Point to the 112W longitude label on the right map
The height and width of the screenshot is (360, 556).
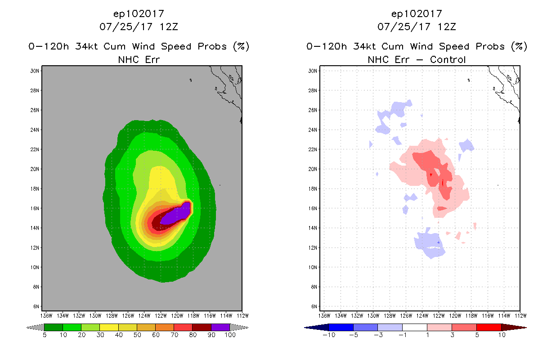[x=520, y=315]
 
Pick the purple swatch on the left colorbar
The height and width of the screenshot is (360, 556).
[x=220, y=327]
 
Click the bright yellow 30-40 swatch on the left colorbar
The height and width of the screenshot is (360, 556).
[x=109, y=327]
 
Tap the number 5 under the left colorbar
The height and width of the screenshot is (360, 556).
[x=45, y=335]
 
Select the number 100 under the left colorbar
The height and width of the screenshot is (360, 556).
[x=230, y=335]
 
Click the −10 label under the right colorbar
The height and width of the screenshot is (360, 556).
[x=328, y=335]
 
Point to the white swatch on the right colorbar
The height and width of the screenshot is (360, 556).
[x=415, y=327]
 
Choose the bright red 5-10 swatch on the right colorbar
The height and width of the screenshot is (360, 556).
[x=489, y=327]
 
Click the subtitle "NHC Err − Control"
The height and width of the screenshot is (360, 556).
[x=417, y=59]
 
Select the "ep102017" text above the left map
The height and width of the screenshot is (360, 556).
[x=139, y=14]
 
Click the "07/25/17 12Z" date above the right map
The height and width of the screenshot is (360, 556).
[x=417, y=27]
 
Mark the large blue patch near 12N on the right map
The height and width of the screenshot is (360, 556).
[x=429, y=244]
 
